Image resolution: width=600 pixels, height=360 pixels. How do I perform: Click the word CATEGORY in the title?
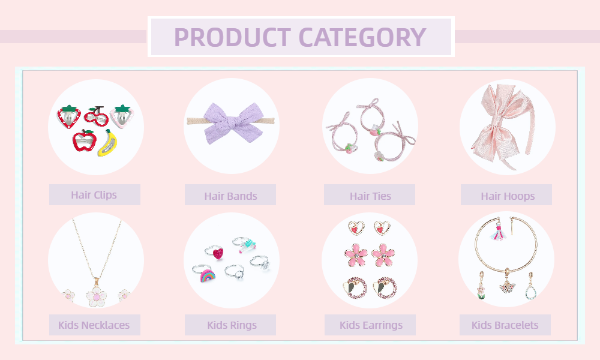click(x=362, y=37)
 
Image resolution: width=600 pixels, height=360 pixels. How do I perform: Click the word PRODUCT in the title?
click(x=232, y=37)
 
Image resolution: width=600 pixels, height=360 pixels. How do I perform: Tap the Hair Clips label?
click(x=94, y=195)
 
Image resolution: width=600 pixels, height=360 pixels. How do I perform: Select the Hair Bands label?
click(x=231, y=196)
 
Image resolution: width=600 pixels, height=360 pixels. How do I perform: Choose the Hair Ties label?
click(x=370, y=196)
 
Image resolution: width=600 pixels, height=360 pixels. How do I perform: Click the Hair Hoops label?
click(x=508, y=196)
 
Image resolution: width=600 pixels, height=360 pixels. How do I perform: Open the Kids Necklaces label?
click(x=94, y=325)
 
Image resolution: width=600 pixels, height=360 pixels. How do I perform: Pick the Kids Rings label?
click(x=232, y=325)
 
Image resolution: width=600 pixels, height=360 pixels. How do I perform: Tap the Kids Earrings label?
click(x=371, y=325)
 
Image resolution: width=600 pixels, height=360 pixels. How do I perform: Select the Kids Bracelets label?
click(x=505, y=325)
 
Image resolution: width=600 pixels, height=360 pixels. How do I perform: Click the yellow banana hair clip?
click(x=107, y=143)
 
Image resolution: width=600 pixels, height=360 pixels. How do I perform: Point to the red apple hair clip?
click(x=84, y=140)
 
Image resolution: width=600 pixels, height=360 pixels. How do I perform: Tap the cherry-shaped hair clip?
click(x=97, y=116)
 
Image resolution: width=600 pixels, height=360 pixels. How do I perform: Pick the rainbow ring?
click(x=208, y=275)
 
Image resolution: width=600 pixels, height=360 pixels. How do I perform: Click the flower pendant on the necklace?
click(x=96, y=296)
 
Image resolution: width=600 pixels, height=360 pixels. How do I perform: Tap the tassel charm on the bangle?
click(x=497, y=230)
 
